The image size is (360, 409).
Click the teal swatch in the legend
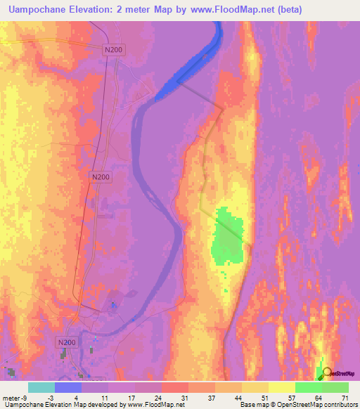(41, 387)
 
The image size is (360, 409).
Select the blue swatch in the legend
(68, 387)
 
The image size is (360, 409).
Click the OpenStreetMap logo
(339, 374)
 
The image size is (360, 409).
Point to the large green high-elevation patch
(228, 239)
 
